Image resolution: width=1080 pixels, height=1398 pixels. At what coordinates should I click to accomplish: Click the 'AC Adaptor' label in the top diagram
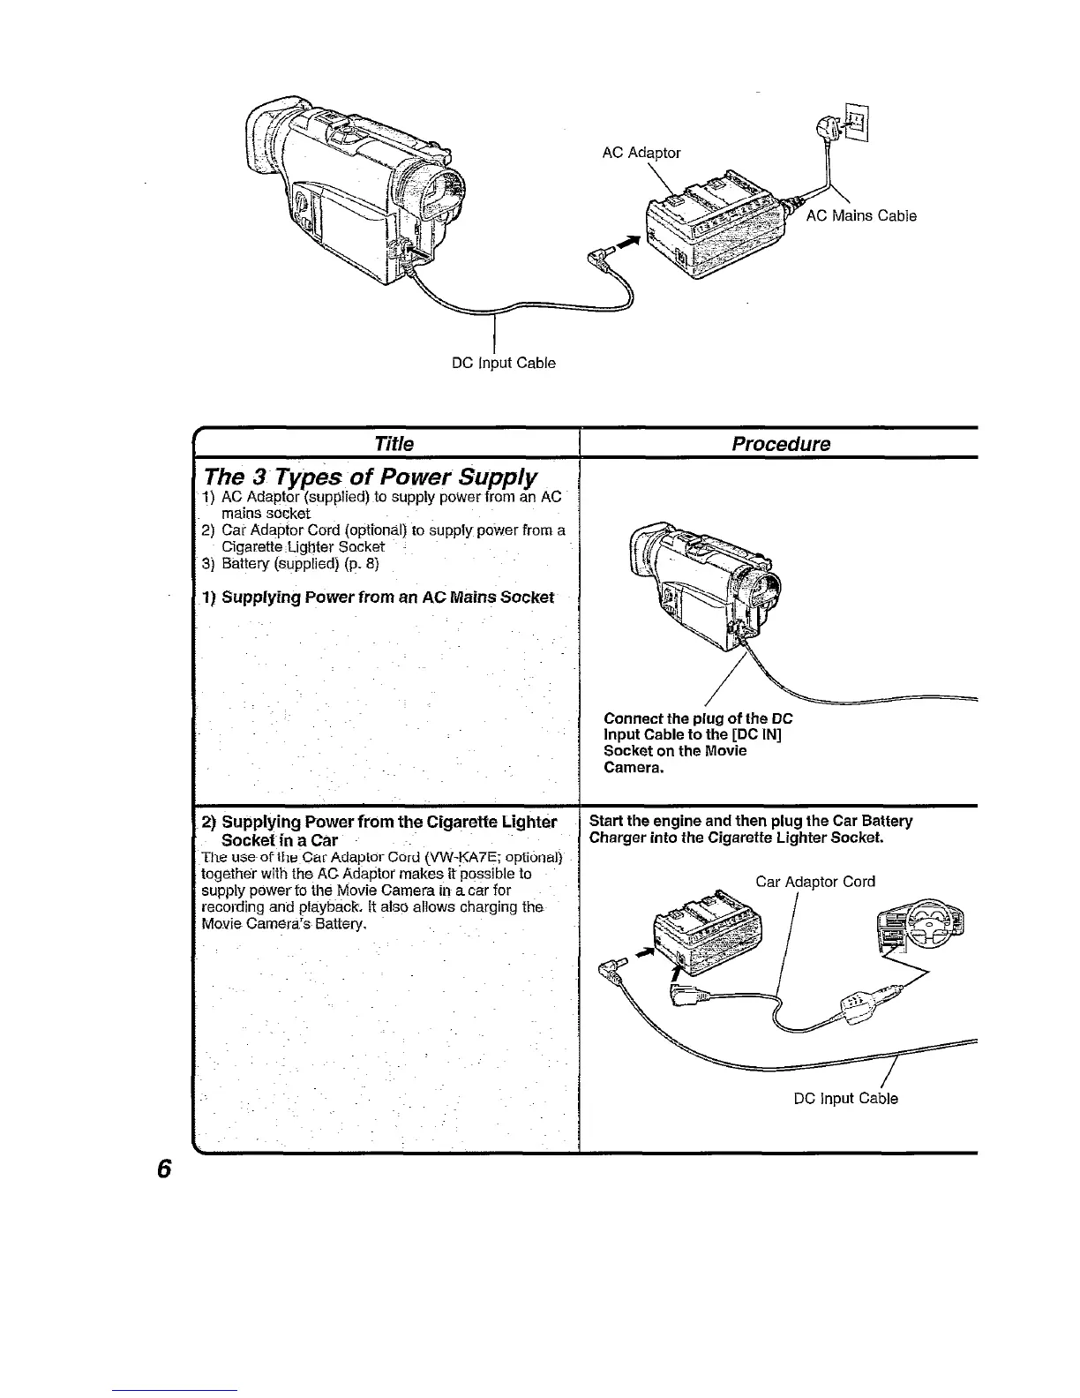[x=641, y=153]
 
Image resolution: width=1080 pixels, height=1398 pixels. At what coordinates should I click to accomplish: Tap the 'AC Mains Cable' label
[x=861, y=216]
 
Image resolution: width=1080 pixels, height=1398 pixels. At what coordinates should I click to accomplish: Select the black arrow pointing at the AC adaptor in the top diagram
[x=626, y=244]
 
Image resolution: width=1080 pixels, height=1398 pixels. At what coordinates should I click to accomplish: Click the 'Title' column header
[x=394, y=443]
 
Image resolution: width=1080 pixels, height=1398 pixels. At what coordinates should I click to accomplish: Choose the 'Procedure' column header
[x=781, y=443]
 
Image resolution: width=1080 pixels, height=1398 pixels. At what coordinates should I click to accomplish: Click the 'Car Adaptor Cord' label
[x=815, y=882]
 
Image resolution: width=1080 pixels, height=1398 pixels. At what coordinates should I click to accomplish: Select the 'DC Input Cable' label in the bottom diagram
[x=845, y=1099]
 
